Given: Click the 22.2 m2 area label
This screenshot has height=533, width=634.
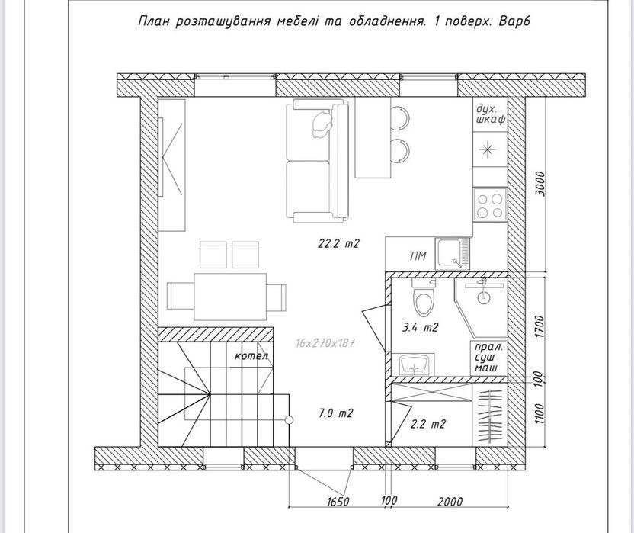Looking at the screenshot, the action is (338, 244).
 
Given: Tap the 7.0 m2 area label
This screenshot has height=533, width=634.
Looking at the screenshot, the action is (335, 413).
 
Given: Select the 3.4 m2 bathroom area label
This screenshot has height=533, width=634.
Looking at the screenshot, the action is (420, 327).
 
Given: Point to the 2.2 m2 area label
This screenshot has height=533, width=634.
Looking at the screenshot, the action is (427, 424).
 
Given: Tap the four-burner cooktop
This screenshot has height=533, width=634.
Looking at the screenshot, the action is (490, 205).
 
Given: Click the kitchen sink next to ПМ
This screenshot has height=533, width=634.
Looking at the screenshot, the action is (453, 254).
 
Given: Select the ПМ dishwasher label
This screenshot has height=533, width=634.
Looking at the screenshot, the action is (418, 255).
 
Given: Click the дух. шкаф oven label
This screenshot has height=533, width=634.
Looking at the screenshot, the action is (490, 114).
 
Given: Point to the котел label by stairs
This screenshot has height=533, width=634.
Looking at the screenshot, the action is (251, 356).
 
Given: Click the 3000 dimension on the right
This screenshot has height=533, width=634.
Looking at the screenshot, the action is (540, 184).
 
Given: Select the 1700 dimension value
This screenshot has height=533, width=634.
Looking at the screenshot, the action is (540, 327).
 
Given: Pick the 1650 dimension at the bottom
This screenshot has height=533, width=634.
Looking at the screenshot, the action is (338, 502).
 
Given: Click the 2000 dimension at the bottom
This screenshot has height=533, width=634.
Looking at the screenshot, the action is (450, 502).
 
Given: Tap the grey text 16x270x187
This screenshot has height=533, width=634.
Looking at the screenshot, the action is (325, 343).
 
